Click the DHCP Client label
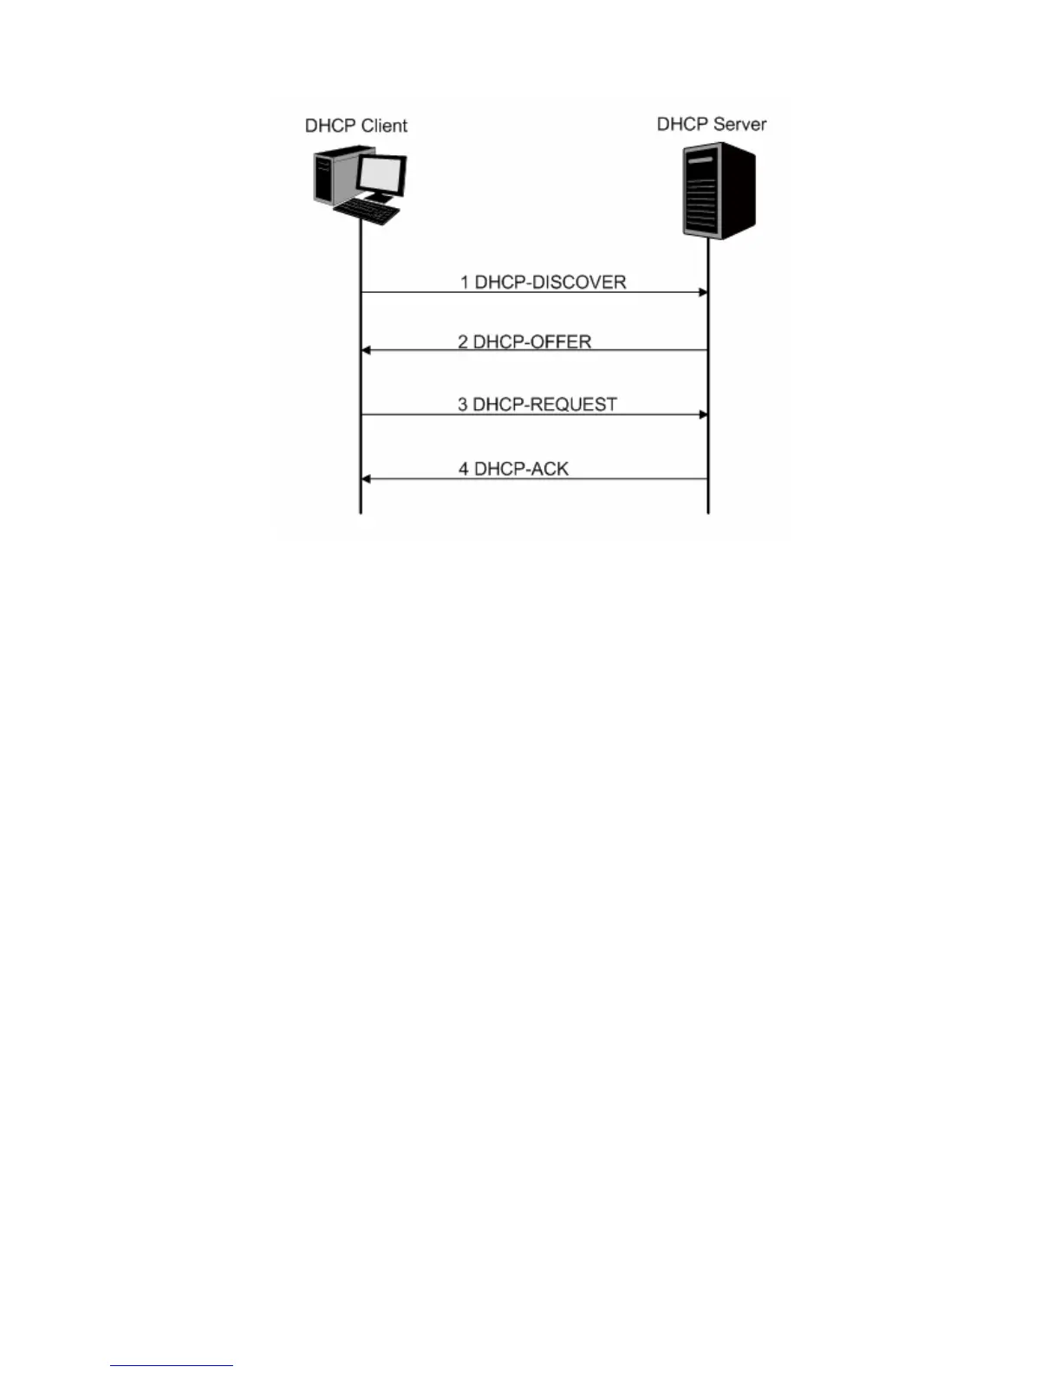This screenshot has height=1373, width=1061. click(x=355, y=126)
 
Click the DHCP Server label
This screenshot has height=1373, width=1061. click(x=711, y=124)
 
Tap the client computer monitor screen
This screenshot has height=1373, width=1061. click(x=382, y=176)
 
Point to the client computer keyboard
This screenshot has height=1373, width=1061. click(x=367, y=211)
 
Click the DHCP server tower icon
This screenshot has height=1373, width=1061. click(x=719, y=192)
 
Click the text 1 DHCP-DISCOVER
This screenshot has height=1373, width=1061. click(x=543, y=283)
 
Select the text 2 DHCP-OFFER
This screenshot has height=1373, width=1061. click(x=524, y=342)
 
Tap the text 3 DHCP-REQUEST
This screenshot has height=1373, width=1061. click(x=537, y=405)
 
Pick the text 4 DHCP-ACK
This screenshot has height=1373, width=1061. click(x=513, y=469)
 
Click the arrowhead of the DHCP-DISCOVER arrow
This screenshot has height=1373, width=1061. click(x=703, y=293)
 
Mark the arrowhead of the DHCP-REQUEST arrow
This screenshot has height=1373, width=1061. click(x=703, y=415)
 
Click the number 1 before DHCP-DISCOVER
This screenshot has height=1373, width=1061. click(x=465, y=283)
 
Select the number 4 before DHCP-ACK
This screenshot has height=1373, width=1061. click(x=464, y=469)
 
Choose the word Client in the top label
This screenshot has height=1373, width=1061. click(x=382, y=126)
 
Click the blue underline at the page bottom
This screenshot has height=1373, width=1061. click(x=172, y=1366)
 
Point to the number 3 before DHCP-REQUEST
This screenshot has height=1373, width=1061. click(x=463, y=405)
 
